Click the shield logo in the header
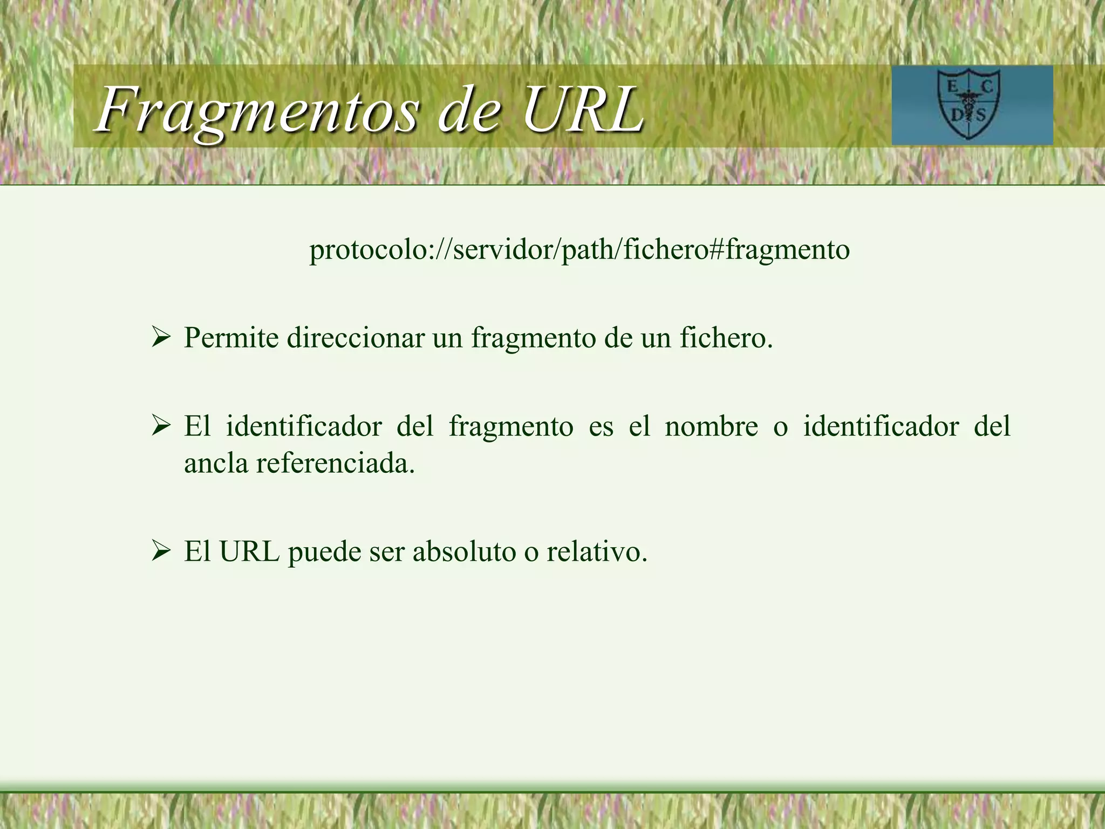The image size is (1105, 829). coord(972,105)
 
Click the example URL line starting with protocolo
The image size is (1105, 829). coord(579,249)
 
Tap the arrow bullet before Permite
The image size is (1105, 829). coord(161,338)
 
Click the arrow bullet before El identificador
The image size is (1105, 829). coord(161,427)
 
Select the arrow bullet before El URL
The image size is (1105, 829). coord(161,552)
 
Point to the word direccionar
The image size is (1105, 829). coord(356,338)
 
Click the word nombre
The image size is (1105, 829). coord(711,427)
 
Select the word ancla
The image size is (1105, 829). coord(216,463)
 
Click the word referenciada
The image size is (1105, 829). coord(335,463)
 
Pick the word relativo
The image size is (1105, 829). coord(597,552)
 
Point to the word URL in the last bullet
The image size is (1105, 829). coord(249,552)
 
